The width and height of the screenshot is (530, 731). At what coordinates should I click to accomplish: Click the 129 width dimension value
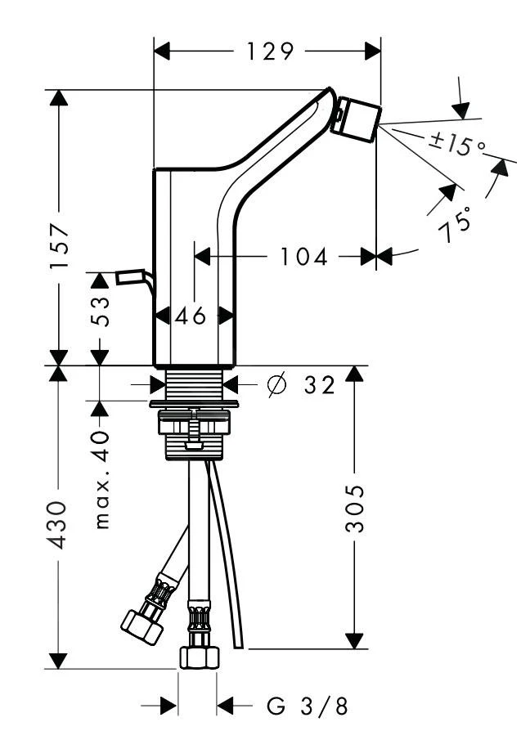(x=269, y=52)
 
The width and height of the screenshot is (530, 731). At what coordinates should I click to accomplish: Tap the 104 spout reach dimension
(x=303, y=257)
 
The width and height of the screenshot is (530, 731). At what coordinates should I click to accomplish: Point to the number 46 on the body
(x=191, y=316)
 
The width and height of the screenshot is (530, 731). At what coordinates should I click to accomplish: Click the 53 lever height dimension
(x=100, y=311)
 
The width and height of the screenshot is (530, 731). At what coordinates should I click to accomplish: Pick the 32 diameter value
(x=319, y=384)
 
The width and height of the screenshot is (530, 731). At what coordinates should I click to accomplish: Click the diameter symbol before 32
(x=276, y=383)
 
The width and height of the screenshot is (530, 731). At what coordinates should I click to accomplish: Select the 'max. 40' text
(x=101, y=478)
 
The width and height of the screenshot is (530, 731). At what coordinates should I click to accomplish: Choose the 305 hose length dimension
(x=354, y=508)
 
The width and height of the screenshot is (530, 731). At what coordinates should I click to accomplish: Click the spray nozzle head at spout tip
(x=359, y=119)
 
